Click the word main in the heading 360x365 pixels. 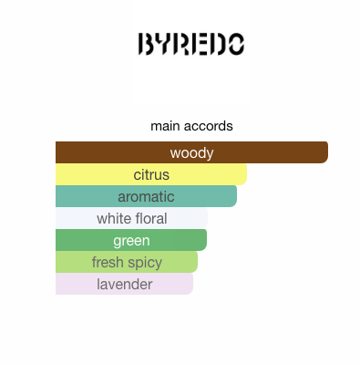pyautogui.click(x=166, y=126)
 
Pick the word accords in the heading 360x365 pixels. pyautogui.click(x=209, y=126)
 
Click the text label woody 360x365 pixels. pyautogui.click(x=191, y=153)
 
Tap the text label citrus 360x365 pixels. pyautogui.click(x=151, y=175)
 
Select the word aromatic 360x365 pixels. pyautogui.click(x=146, y=197)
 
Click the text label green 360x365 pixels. pyautogui.click(x=131, y=241)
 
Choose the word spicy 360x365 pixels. pyautogui.click(x=145, y=263)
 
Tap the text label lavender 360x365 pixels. pyautogui.click(x=125, y=285)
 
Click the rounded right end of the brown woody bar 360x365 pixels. pyautogui.click(x=327, y=152)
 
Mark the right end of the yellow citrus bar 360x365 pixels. pyautogui.click(x=246, y=174)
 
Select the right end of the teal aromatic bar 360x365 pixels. pyautogui.click(x=236, y=196)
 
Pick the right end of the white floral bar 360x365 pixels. pyautogui.click(x=207, y=218)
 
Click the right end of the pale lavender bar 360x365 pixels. pyautogui.click(x=192, y=284)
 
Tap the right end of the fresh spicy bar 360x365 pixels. pyautogui.click(x=197, y=262)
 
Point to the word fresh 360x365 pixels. pyautogui.click(x=108, y=262)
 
